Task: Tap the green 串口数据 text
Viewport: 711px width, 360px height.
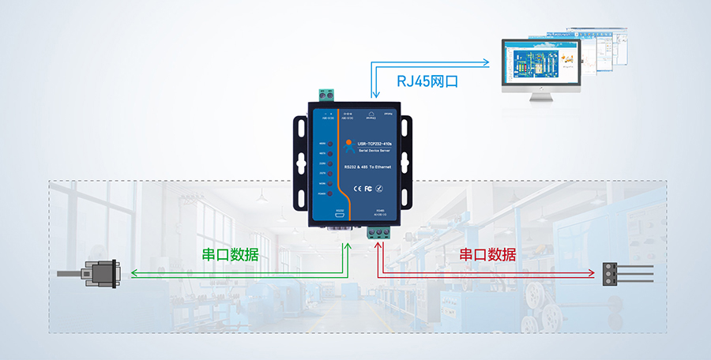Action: pos(225,254)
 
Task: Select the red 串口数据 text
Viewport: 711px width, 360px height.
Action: pos(488,254)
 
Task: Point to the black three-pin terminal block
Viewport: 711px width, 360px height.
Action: pos(611,274)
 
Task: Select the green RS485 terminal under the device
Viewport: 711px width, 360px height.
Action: pos(379,232)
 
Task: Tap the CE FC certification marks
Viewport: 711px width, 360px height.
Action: pos(363,188)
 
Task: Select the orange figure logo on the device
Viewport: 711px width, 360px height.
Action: pos(348,144)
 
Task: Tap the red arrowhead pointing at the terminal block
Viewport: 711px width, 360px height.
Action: pos(591,274)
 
